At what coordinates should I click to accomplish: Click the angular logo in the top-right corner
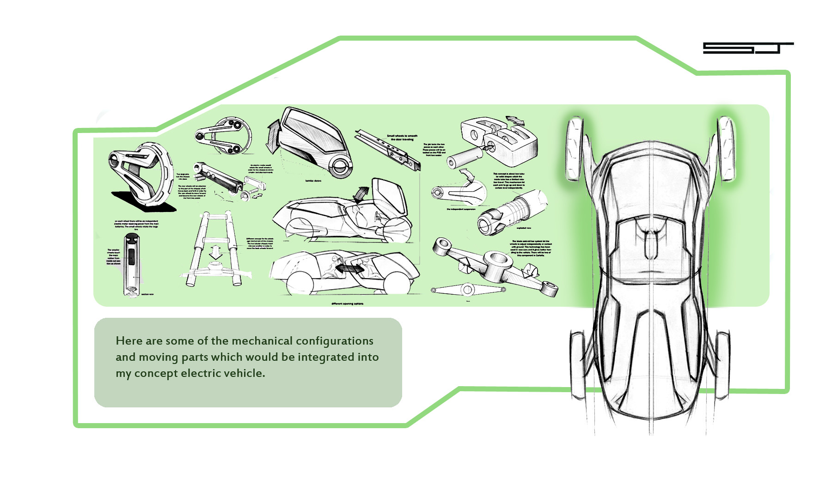tap(748, 48)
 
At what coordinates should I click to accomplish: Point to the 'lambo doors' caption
tap(313, 181)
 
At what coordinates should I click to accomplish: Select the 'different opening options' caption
tap(347, 303)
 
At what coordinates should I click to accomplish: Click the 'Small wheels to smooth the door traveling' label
tap(402, 138)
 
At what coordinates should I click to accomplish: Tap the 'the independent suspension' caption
tap(460, 209)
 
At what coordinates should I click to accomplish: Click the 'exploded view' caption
tap(524, 228)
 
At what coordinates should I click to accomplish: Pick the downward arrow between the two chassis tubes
tap(215, 252)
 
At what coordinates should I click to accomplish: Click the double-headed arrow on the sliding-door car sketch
tap(349, 268)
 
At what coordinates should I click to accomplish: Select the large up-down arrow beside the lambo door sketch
tap(272, 135)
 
